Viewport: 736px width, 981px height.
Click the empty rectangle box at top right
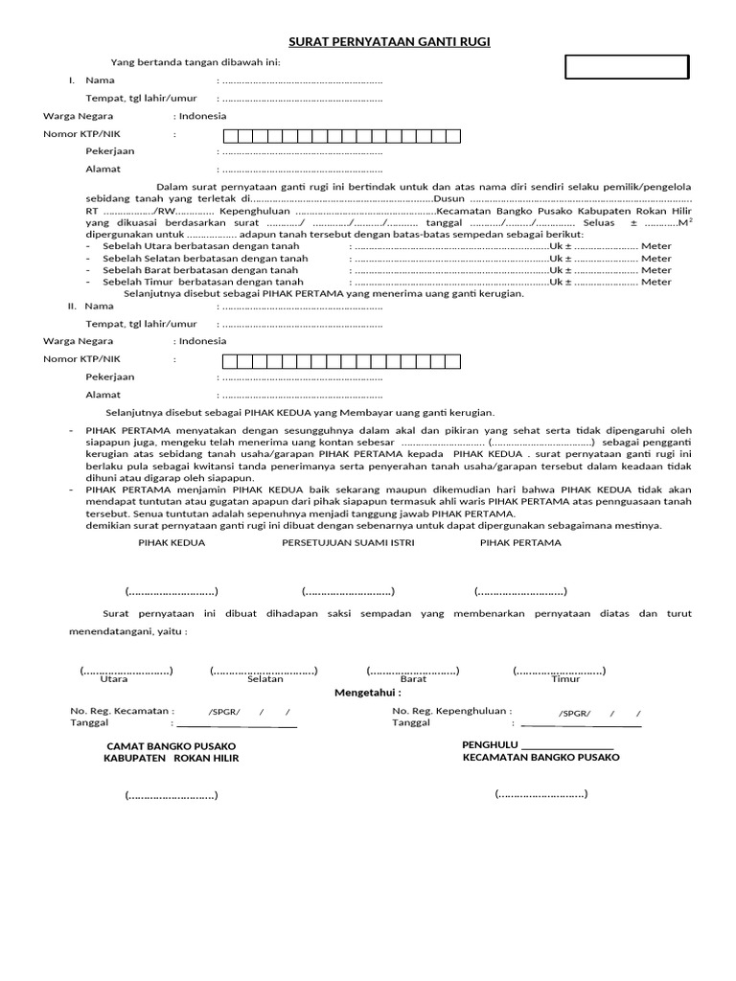pos(627,67)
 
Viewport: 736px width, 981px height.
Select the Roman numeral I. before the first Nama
pos(72,80)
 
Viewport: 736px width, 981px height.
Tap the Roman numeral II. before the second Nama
pos(71,306)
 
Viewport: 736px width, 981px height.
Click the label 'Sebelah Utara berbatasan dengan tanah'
pos(200,246)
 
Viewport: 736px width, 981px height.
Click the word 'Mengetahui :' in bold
pos(367,692)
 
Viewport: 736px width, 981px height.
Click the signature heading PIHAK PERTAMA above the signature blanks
pos(520,542)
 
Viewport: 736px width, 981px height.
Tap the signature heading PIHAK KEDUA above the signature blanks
pos(172,542)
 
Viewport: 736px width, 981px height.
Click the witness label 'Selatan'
pos(264,679)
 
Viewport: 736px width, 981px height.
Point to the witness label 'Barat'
pos(413,679)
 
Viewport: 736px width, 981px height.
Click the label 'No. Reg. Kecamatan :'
pos(122,711)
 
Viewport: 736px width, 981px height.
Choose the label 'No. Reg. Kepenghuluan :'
pos(451,711)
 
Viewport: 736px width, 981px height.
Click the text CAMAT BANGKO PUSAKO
pos(171,745)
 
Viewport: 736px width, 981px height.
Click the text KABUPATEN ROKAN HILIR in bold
pos(171,758)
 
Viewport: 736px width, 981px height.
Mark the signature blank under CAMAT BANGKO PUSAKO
pos(171,795)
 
